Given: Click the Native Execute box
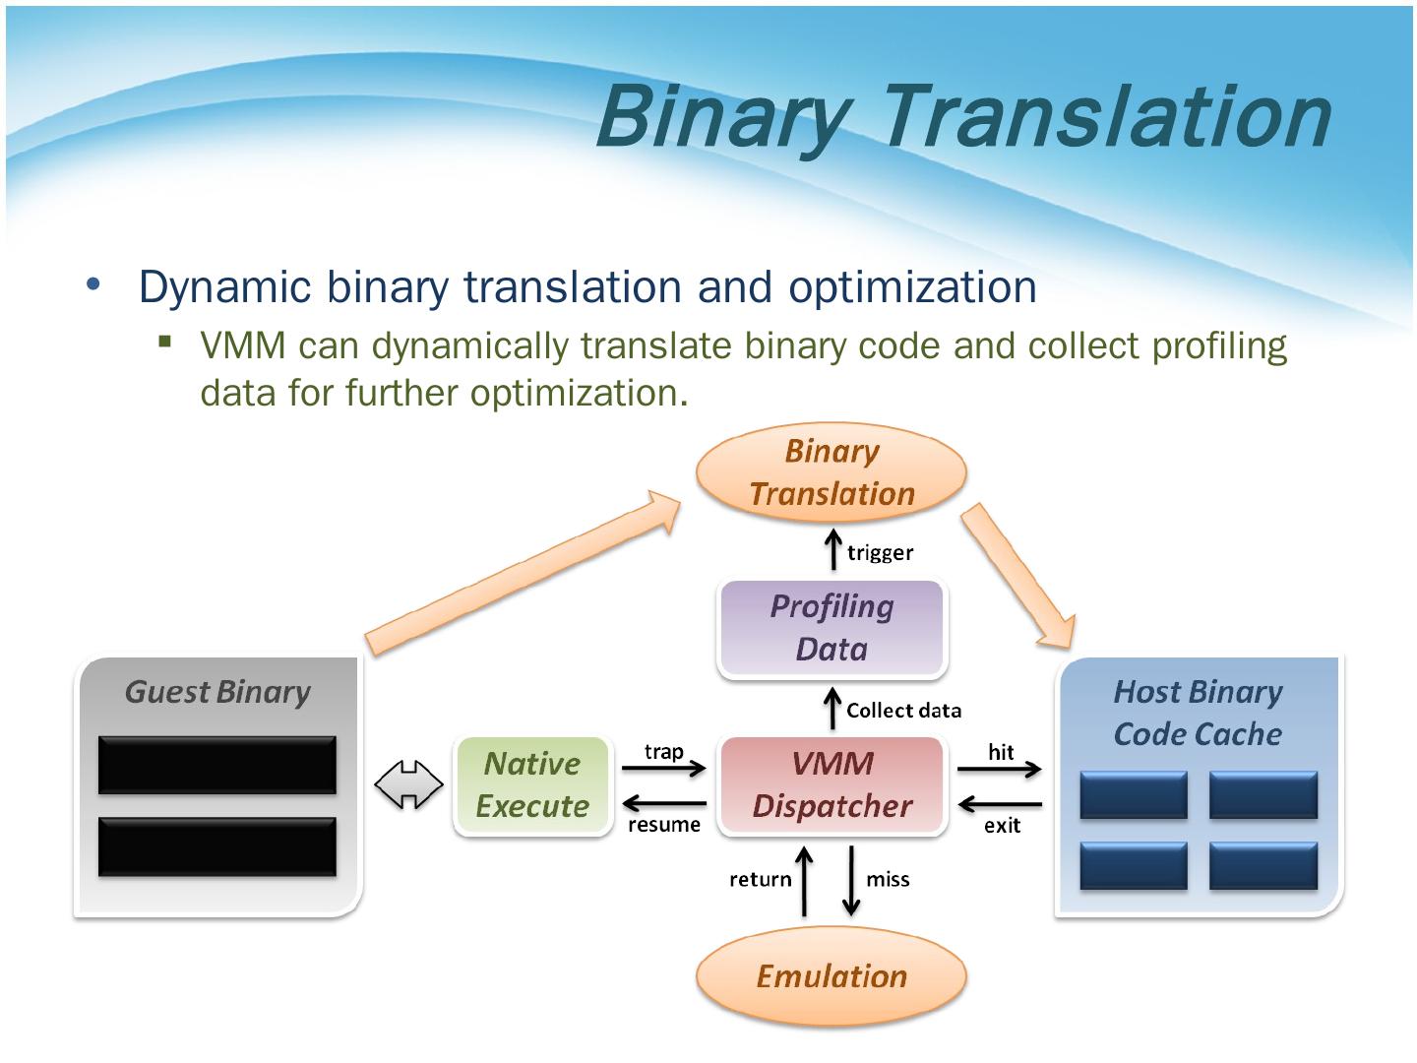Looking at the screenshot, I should pos(532,785).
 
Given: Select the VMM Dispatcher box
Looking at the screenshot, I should pos(832,785).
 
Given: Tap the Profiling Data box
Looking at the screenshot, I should pos(832,628).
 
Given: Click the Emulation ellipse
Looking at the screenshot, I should pos(832,976).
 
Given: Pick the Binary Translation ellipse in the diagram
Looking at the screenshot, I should pos(832,472).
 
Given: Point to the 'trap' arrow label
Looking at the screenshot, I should pos(663,752).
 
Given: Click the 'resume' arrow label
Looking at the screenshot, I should pos(664,824).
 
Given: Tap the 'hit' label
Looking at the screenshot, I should pos(1001,752).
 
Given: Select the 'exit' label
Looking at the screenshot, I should pos(1003,825).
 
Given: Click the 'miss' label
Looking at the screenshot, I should pos(888,879).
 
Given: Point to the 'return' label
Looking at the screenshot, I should pos(760,879).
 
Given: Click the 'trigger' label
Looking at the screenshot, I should pos(880,552).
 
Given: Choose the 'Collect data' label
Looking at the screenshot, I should pos(903,710).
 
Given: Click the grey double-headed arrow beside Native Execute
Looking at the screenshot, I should pos(409,785).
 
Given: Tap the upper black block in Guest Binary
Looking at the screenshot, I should pos(217,765).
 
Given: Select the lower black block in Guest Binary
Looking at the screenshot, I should pos(217,845).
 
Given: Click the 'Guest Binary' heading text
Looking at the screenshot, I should pos(217,692).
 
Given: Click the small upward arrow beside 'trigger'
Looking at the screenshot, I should pos(832,550).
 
